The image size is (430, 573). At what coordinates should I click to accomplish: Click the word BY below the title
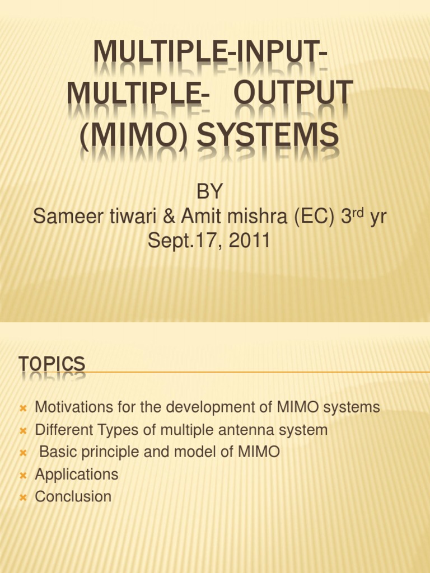pyautogui.click(x=209, y=192)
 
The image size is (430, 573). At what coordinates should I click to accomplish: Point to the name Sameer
pyautogui.click(x=65, y=217)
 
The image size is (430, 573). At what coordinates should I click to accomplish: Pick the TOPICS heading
pyautogui.click(x=52, y=364)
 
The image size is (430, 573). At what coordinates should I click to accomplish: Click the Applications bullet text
pyautogui.click(x=77, y=475)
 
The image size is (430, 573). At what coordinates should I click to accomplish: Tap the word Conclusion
pyautogui.click(x=73, y=496)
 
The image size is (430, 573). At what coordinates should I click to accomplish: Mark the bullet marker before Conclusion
pyautogui.click(x=24, y=497)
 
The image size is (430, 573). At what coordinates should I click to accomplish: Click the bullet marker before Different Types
pyautogui.click(x=24, y=431)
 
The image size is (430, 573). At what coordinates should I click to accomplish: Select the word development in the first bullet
pyautogui.click(x=212, y=407)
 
